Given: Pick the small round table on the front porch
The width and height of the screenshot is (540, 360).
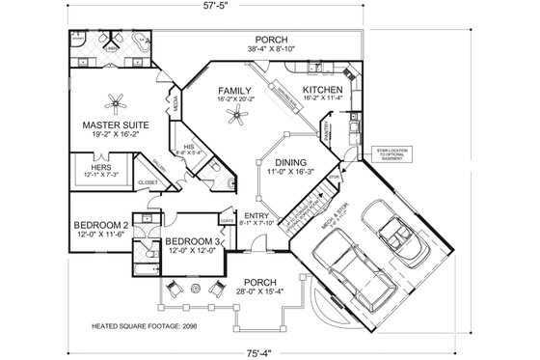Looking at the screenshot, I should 196,288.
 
